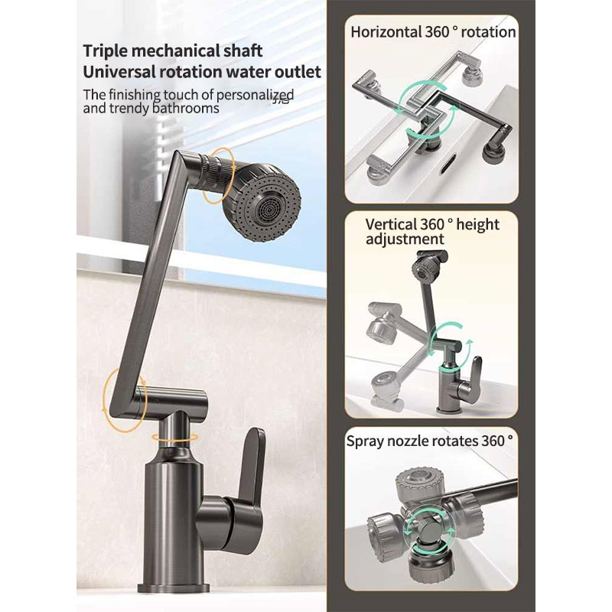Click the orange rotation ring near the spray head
[x=219, y=176]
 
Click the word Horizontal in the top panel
[x=385, y=32]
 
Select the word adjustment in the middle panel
[x=405, y=239]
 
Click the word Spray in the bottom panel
[x=364, y=441]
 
